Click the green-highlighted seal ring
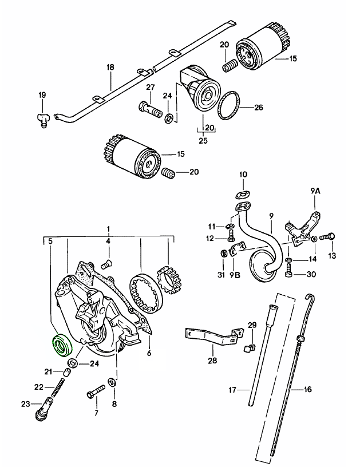click(60, 346)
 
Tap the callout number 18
click(110, 67)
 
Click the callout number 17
click(232, 391)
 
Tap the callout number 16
click(308, 389)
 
